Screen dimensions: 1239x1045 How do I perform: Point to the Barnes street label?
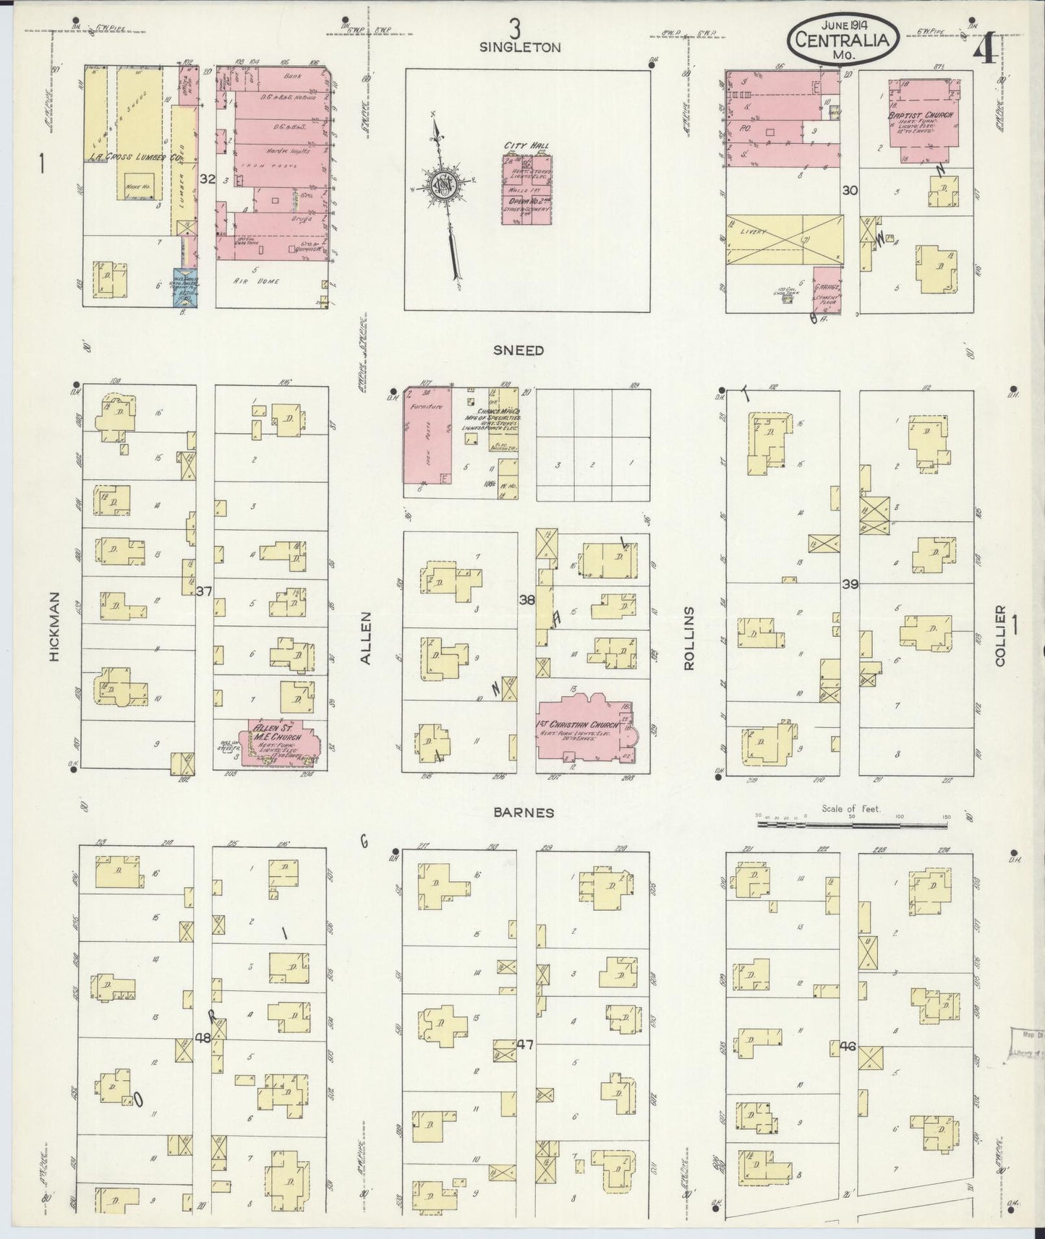pyautogui.click(x=524, y=813)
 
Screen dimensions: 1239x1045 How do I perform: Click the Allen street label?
pyautogui.click(x=365, y=638)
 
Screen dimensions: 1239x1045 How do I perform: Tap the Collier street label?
pyautogui.click(x=1001, y=636)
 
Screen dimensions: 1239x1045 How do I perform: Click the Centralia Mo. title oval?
pyautogui.click(x=843, y=40)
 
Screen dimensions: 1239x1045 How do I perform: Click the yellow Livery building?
pyautogui.click(x=784, y=240)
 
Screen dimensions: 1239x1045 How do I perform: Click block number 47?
pyautogui.click(x=526, y=1045)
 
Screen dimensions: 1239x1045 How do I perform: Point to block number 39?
pyautogui.click(x=850, y=584)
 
